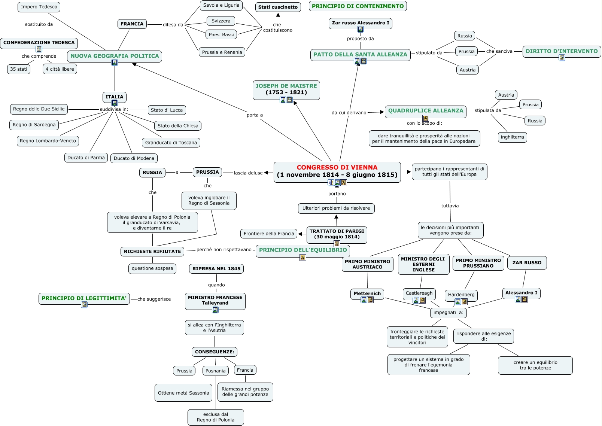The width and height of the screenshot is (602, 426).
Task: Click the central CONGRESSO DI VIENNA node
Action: tap(337, 171)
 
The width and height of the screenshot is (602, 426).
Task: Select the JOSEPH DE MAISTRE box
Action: tap(286, 89)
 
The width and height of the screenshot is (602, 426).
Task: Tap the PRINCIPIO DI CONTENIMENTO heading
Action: tap(358, 6)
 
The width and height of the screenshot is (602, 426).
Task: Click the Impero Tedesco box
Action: tap(39, 7)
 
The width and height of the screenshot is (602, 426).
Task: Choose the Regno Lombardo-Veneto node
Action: tap(48, 141)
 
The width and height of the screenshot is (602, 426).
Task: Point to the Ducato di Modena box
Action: tap(134, 158)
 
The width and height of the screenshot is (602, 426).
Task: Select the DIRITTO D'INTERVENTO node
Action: tap(562, 51)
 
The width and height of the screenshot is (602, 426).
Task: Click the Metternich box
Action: tap(367, 293)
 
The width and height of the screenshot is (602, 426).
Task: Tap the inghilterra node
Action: tap(512, 137)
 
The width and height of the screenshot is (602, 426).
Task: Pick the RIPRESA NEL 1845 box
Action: tap(216, 268)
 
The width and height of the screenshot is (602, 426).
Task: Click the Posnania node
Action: tap(215, 371)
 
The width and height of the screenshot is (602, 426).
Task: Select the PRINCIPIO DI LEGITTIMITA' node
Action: tap(84, 298)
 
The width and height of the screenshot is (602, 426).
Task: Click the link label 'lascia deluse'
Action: tap(248, 173)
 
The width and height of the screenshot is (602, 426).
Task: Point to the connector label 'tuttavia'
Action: tap(450, 206)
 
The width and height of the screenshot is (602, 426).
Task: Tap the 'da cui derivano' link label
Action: tap(349, 113)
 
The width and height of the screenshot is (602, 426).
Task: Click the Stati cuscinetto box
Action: tap(278, 7)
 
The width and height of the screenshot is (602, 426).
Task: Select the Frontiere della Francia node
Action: tap(269, 234)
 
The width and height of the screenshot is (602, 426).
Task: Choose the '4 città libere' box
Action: tap(60, 69)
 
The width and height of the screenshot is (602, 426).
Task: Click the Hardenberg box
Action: tap(461, 295)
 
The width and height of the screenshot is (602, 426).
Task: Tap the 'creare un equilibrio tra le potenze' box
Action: tap(535, 365)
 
